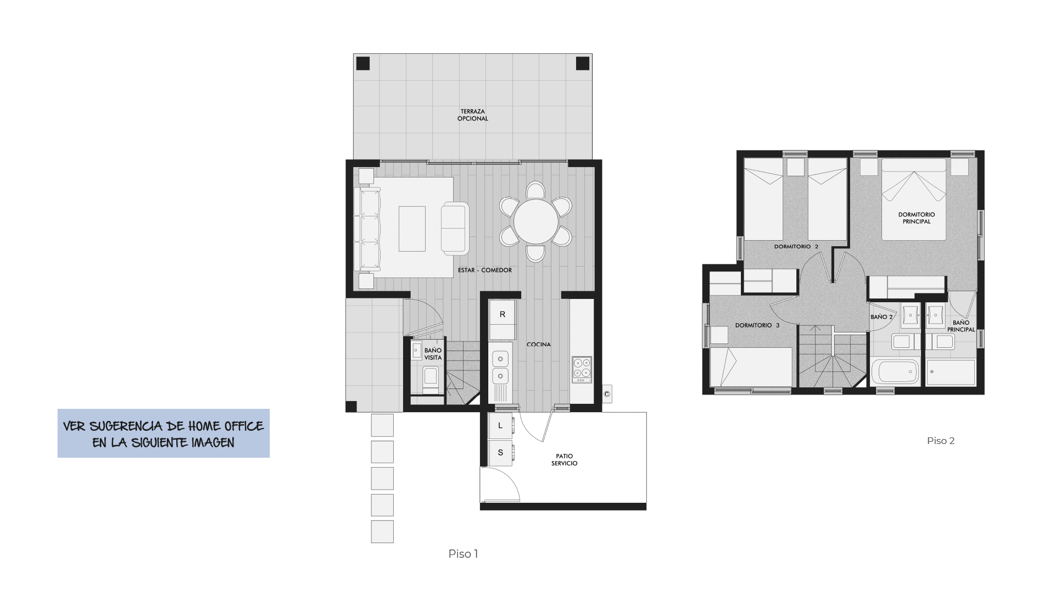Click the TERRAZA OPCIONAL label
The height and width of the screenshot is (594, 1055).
pyautogui.click(x=472, y=115)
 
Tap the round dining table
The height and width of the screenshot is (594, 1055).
pyautogui.click(x=535, y=221)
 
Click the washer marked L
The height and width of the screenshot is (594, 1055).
pyautogui.click(x=500, y=426)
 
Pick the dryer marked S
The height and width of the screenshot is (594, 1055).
pyautogui.click(x=500, y=453)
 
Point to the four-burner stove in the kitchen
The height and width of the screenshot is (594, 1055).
pyautogui.click(x=582, y=370)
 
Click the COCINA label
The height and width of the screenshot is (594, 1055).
pyautogui.click(x=538, y=345)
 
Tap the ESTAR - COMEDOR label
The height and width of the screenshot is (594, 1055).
pyautogui.click(x=484, y=270)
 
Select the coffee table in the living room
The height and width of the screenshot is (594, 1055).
pyautogui.click(x=412, y=229)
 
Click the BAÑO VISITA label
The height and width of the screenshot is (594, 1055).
pyautogui.click(x=433, y=354)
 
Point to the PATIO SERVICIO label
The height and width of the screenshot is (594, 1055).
pyautogui.click(x=564, y=460)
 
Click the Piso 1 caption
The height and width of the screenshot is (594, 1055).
pyautogui.click(x=463, y=554)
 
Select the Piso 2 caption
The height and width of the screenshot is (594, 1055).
pyautogui.click(x=940, y=441)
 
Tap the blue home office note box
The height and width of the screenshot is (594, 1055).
pyautogui.click(x=164, y=434)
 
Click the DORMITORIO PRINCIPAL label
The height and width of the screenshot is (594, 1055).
pyautogui.click(x=916, y=218)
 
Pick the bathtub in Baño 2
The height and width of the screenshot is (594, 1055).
pyautogui.click(x=895, y=372)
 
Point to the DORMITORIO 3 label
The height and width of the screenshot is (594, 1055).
pyautogui.click(x=757, y=325)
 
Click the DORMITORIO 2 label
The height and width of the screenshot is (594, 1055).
pyautogui.click(x=796, y=247)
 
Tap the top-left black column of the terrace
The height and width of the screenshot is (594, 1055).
pyautogui.click(x=362, y=64)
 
